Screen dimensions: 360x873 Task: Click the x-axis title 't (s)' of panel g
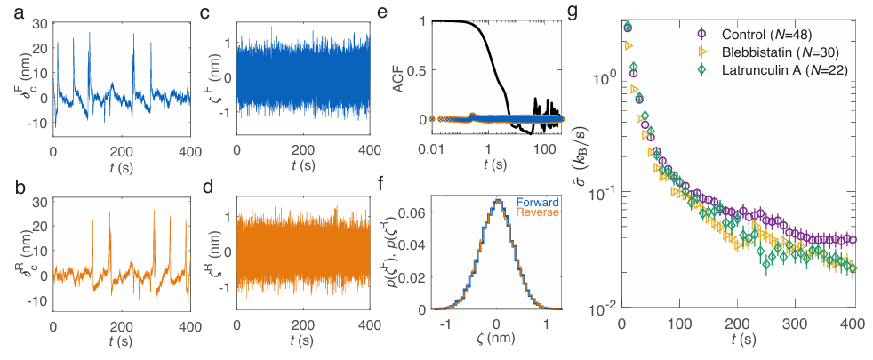pos(738,342)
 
